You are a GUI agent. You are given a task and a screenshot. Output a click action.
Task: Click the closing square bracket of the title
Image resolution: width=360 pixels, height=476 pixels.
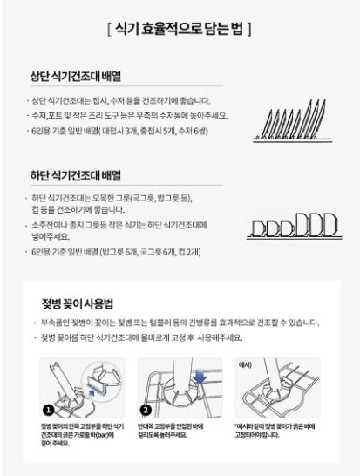tap(250, 30)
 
